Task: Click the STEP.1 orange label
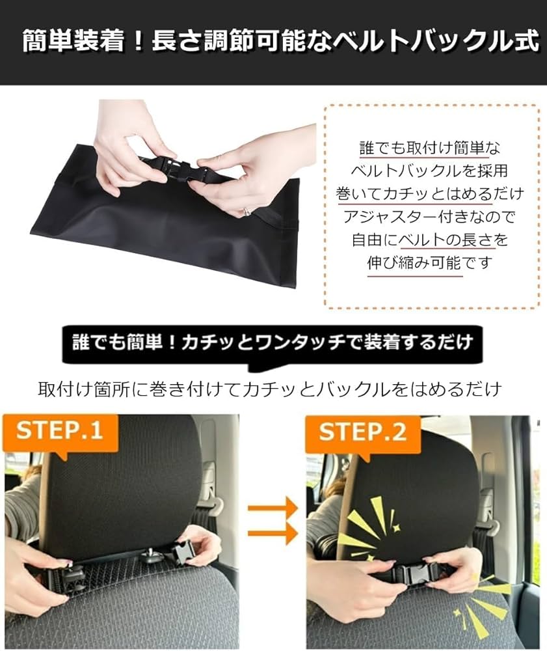click(60, 432)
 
